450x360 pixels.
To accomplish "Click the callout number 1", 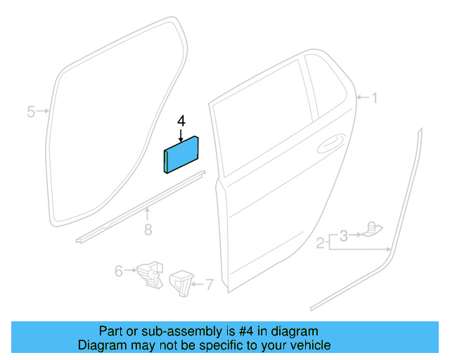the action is [374, 98].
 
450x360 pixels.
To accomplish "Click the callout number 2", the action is [320, 243].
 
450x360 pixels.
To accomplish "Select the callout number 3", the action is [343, 234].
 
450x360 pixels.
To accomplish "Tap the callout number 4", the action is [181, 121].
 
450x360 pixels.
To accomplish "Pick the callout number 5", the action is [31, 111].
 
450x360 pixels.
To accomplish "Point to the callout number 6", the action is [118, 269].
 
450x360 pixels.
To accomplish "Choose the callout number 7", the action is [209, 285].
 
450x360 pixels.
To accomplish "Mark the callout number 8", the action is [147, 229].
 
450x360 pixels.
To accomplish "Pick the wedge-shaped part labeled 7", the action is [181, 282].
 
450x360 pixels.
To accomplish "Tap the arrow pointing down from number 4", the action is [181, 133].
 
